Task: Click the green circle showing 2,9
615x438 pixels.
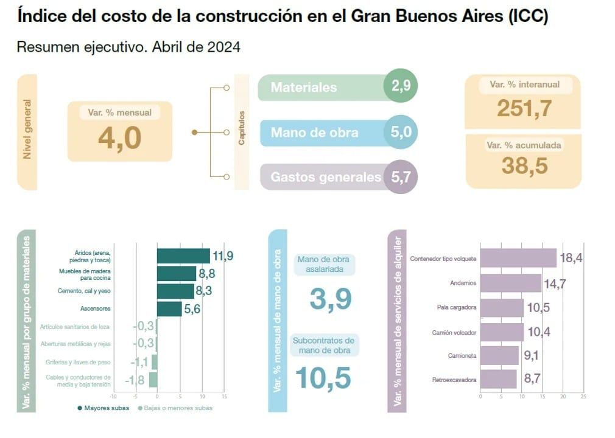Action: click(x=401, y=86)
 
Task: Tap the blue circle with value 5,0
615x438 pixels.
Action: click(x=401, y=132)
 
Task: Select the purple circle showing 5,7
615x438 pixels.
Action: click(x=401, y=177)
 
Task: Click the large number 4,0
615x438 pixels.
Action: click(x=119, y=138)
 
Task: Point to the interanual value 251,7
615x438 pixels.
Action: click(x=524, y=108)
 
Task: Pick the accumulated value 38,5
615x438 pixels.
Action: click(x=524, y=165)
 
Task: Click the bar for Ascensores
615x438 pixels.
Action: click(x=169, y=309)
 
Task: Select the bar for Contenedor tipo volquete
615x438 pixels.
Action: click(x=518, y=258)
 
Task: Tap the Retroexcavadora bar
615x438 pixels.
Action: click(x=498, y=380)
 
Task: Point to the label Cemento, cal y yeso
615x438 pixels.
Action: click(x=85, y=291)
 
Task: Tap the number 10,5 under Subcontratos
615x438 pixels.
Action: click(x=323, y=377)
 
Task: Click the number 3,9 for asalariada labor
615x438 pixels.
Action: click(x=331, y=299)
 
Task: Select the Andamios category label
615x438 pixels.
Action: click(x=464, y=283)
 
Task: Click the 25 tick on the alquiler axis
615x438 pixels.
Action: click(x=583, y=397)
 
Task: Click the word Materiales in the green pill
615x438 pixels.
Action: click(x=303, y=88)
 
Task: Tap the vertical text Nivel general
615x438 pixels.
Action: click(x=27, y=129)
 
